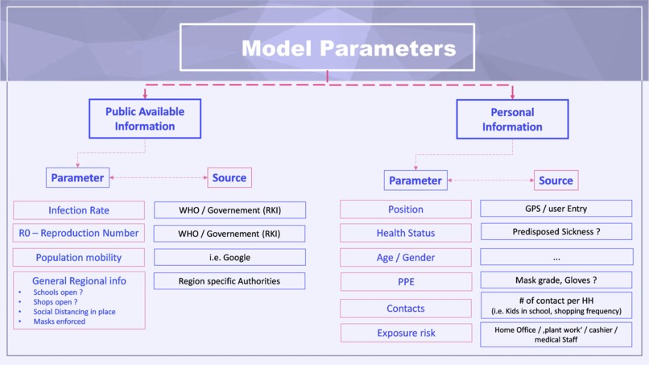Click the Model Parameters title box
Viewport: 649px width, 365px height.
pos(327,48)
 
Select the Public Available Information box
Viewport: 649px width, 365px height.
pos(145,119)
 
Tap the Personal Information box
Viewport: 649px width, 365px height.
pos(512,119)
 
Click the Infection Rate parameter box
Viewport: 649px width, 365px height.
pos(79,210)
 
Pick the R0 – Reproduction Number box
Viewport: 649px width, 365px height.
pos(79,234)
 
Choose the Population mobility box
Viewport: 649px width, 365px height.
pos(79,258)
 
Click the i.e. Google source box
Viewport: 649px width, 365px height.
pos(229,258)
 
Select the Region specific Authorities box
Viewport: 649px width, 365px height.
pos(229,281)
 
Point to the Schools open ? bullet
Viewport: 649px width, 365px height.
pos(58,292)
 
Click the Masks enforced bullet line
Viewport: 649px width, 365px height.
pos(59,321)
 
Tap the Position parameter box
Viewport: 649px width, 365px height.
pos(406,209)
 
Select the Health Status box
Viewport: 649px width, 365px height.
pos(406,233)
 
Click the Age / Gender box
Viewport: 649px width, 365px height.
pos(406,258)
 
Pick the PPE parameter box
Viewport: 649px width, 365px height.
pos(406,282)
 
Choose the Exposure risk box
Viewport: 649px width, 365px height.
pos(406,333)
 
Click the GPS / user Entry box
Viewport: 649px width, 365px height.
pos(556,209)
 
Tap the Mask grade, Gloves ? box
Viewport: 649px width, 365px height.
pos(556,280)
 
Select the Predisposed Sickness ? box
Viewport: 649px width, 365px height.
pos(556,232)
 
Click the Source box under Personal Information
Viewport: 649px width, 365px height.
pos(556,180)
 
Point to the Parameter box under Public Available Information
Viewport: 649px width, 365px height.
pos(77,177)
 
